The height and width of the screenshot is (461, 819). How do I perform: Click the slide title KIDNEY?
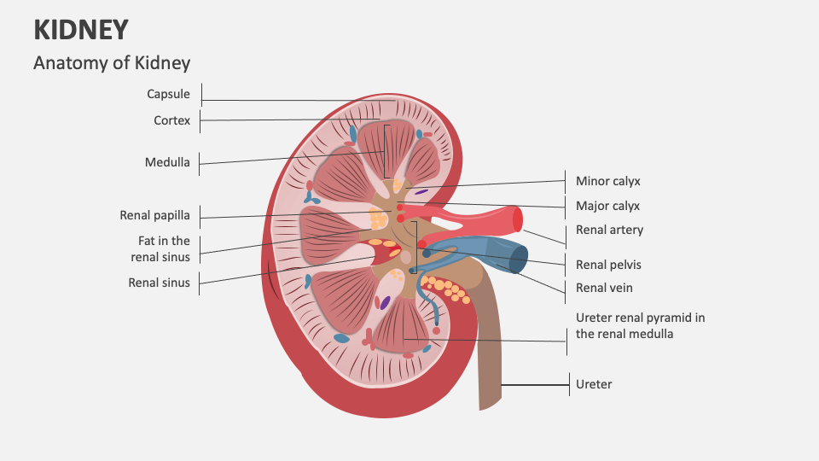tap(81, 30)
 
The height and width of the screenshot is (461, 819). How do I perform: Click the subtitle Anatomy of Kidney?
tap(112, 63)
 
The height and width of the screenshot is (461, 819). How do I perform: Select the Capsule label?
tap(168, 94)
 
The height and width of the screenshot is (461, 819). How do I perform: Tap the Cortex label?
tap(171, 120)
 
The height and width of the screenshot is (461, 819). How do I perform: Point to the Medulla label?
tap(167, 162)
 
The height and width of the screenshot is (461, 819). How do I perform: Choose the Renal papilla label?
tap(154, 215)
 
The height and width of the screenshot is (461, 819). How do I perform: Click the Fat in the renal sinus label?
tap(160, 248)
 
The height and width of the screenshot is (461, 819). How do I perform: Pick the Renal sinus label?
tap(159, 282)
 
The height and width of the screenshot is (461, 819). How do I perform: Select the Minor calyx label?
tap(607, 181)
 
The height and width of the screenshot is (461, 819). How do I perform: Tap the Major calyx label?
tap(607, 206)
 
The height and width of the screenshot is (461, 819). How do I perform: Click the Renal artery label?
tap(609, 230)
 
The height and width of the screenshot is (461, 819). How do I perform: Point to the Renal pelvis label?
tap(608, 265)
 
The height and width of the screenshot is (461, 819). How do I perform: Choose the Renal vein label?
tap(604, 288)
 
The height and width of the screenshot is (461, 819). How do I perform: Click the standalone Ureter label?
tap(594, 384)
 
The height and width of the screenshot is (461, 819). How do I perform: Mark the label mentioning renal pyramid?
tap(640, 325)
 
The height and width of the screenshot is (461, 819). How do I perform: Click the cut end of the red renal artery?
tap(517, 219)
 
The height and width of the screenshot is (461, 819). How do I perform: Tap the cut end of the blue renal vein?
tap(519, 258)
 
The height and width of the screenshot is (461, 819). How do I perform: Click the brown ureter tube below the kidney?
tap(489, 359)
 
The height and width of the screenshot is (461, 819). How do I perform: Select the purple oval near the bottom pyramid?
tap(386, 302)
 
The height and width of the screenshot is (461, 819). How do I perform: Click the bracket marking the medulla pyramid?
tap(386, 151)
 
